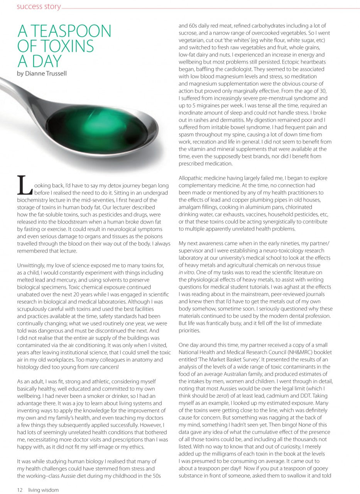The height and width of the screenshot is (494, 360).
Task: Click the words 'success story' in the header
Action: (x=39, y=7)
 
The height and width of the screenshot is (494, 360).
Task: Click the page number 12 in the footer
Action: (x=20, y=490)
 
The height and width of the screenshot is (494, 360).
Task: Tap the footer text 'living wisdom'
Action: (x=44, y=490)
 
